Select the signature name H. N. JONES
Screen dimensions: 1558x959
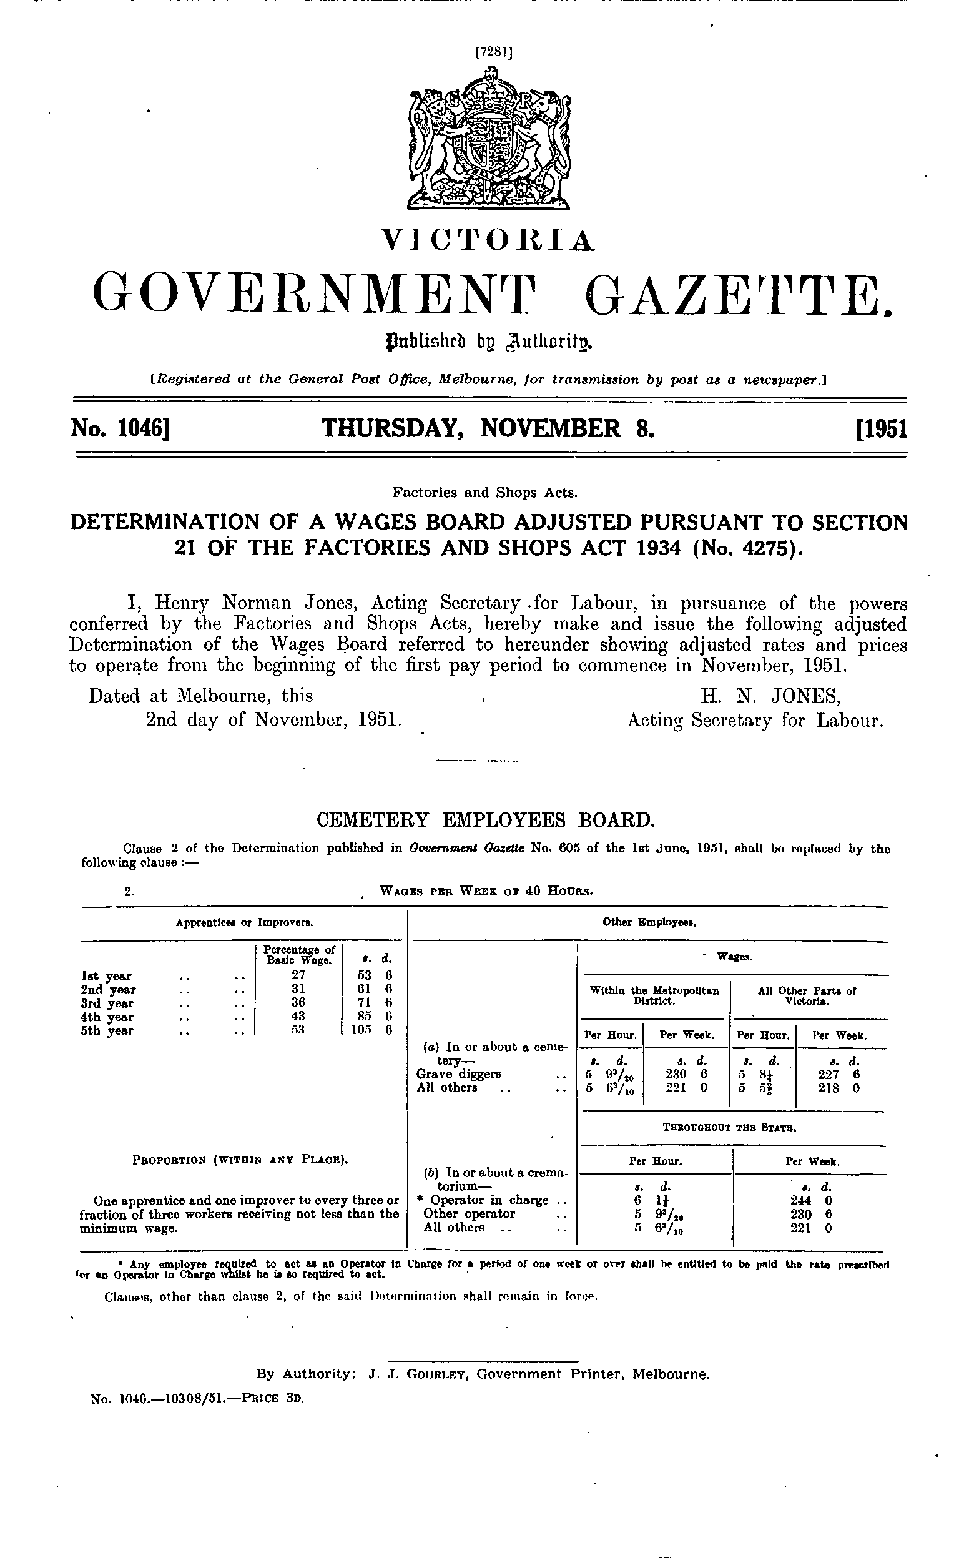[770, 696]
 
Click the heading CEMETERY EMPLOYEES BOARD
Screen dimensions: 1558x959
[485, 821]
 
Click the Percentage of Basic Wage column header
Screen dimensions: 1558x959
[298, 955]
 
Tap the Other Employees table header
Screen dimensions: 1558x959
[650, 923]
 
